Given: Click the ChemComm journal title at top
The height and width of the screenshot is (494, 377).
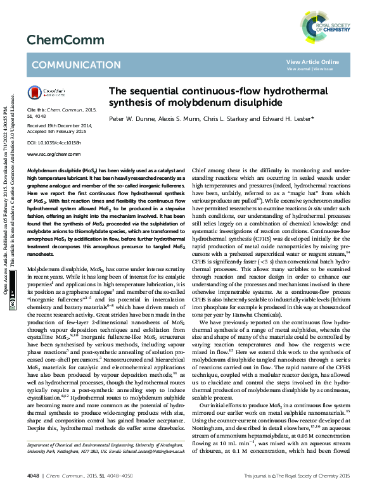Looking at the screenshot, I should tap(56, 39).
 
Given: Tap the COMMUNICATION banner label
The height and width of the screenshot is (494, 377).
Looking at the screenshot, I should tap(75, 65).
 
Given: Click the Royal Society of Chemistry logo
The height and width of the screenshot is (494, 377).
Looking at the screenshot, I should tap(326, 25).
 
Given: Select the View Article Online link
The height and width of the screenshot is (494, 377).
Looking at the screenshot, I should tap(312, 61).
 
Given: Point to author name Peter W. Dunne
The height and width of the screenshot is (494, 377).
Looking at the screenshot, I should tap(130, 118).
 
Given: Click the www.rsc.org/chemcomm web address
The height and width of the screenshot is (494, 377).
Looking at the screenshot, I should tap(50, 154).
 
